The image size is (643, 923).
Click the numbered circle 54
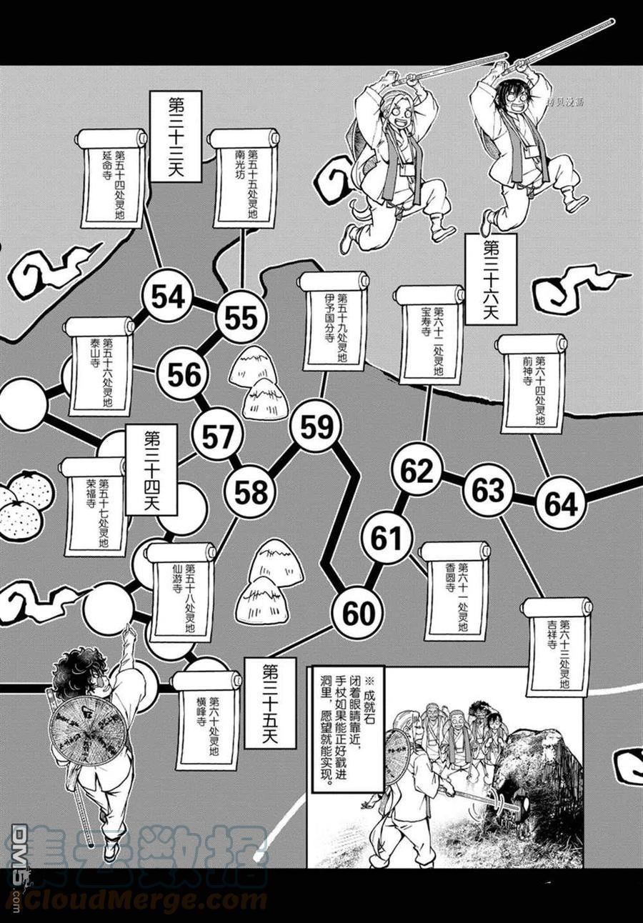tap(168, 296)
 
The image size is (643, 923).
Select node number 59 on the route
tap(316, 427)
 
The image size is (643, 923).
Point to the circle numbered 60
tap(357, 613)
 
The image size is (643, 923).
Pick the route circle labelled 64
tap(561, 504)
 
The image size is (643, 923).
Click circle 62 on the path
tap(417, 472)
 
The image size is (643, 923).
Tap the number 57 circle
tap(218, 436)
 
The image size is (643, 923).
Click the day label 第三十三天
tap(175, 136)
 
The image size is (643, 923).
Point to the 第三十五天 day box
tap(270, 702)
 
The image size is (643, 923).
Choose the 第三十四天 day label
tap(151, 469)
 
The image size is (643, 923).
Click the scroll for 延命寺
tap(113, 178)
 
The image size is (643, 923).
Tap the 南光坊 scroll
tap(245, 178)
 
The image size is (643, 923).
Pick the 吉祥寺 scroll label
tap(557, 647)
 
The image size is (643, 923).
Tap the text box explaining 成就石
tap(348, 729)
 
